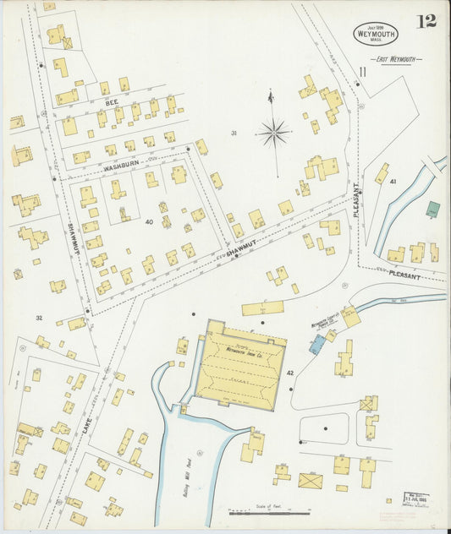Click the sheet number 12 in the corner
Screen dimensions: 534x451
(x=426, y=21)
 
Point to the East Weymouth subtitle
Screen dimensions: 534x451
(x=401, y=60)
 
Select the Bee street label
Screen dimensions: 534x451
(x=112, y=101)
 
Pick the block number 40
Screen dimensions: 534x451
(x=149, y=222)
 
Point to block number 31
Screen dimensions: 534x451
(x=234, y=133)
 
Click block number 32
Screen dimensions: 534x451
(x=39, y=318)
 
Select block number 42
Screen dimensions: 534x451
(x=290, y=373)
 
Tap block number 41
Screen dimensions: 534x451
(x=393, y=182)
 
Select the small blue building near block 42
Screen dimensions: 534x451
(x=318, y=344)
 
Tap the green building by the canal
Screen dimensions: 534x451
(x=432, y=209)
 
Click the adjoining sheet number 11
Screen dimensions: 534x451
(x=362, y=74)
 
